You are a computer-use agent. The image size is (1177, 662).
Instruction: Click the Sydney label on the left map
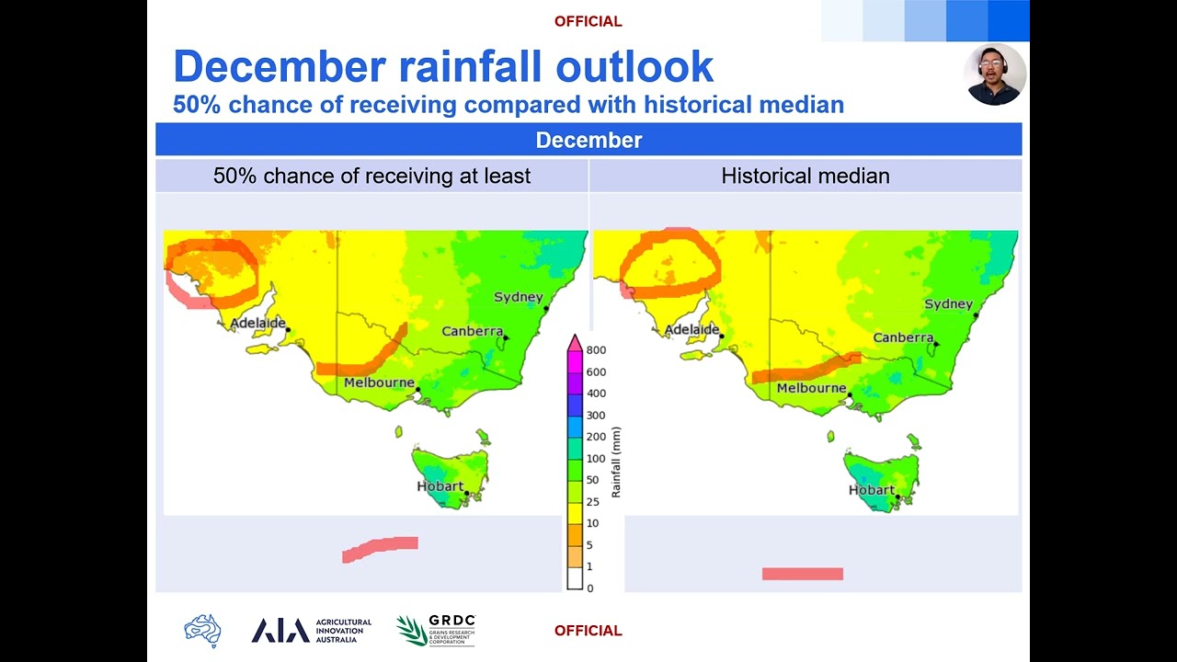[519, 297]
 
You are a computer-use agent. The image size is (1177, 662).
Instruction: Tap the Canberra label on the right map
[903, 337]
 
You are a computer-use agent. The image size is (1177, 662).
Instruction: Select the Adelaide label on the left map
[257, 323]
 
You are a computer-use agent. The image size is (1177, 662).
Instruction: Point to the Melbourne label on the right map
[811, 388]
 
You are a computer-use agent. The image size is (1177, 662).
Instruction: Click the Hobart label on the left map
[440, 485]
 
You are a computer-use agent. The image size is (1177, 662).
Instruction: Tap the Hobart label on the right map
[871, 490]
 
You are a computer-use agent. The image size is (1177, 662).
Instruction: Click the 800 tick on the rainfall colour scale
[596, 350]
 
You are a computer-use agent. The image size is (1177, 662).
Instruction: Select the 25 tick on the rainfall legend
[592, 502]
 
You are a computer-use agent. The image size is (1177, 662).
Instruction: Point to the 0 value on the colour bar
[589, 588]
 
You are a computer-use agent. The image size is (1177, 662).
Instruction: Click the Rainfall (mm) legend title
[616, 462]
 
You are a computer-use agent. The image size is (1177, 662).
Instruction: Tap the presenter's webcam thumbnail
[995, 74]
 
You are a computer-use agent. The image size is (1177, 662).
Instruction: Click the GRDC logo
[436, 631]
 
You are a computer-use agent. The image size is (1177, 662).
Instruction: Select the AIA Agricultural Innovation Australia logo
[311, 631]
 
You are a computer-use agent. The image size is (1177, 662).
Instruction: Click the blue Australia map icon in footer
[202, 631]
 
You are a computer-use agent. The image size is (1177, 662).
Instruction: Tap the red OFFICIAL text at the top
[588, 21]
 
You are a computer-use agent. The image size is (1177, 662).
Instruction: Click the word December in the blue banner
[588, 140]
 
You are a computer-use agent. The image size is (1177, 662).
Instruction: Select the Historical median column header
[805, 176]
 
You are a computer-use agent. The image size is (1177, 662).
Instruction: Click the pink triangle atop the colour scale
[575, 343]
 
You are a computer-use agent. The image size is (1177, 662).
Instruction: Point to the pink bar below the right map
[802, 574]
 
